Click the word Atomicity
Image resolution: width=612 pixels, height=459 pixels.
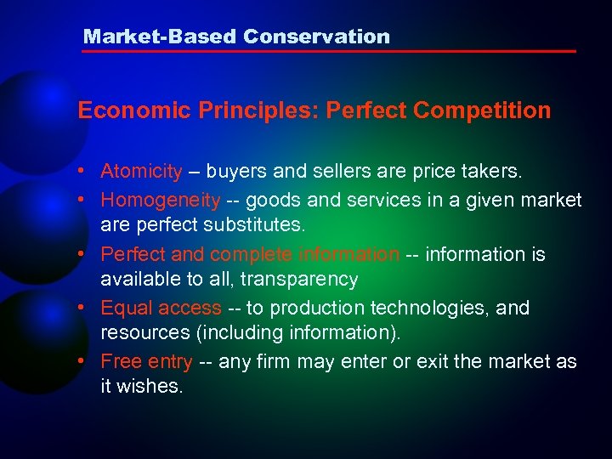(141, 172)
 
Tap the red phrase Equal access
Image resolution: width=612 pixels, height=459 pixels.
(161, 308)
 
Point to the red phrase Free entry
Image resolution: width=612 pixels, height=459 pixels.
(146, 362)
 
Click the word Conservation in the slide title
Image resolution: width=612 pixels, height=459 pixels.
(316, 37)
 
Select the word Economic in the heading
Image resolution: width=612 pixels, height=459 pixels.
(127, 110)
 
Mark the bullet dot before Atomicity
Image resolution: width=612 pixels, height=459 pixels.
(88, 172)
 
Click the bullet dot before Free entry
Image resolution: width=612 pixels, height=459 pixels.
(88, 361)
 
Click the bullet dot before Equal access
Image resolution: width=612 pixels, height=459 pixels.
(88, 307)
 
